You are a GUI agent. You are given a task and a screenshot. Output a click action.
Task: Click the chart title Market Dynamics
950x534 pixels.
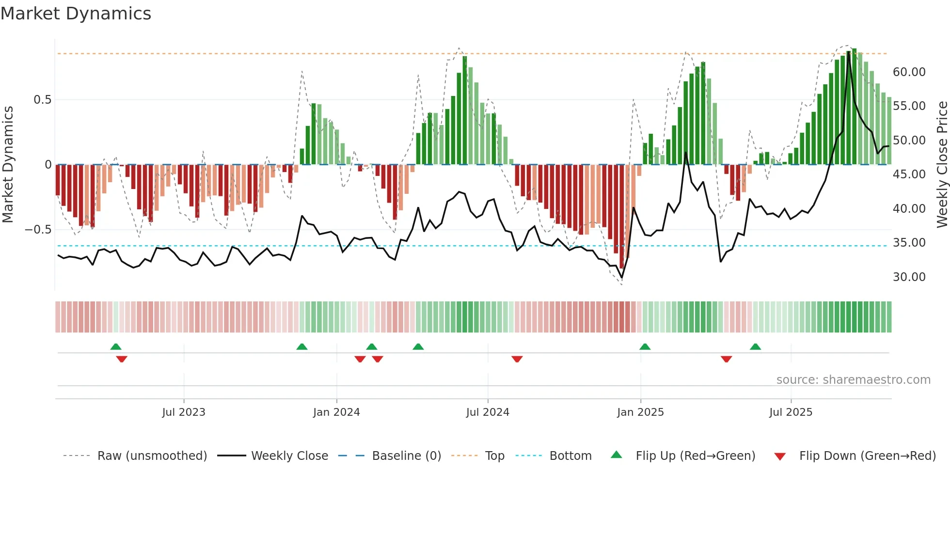(x=76, y=14)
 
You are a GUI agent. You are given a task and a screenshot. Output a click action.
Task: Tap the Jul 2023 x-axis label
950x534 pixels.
(x=184, y=412)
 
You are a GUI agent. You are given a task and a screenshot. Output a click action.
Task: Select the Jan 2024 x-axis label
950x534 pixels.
(x=336, y=412)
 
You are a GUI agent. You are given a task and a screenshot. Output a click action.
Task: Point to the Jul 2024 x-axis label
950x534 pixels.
(x=488, y=412)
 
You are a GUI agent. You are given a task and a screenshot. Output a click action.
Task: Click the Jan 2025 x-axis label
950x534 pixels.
(x=640, y=412)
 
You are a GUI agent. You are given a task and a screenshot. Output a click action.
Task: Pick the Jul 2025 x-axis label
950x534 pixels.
(x=791, y=412)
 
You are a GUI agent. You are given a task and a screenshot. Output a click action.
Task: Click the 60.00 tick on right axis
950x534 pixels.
(x=909, y=72)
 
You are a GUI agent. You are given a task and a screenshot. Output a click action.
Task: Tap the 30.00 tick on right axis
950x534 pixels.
(x=909, y=277)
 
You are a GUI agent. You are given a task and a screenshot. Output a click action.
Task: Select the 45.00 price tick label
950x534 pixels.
(x=909, y=174)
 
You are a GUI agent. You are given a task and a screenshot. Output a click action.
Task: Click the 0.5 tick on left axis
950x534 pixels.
(x=42, y=100)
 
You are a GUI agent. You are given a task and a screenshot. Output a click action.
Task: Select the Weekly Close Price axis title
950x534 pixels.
(x=942, y=164)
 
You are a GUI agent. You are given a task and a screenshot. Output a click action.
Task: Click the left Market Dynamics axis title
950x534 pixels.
(x=8, y=164)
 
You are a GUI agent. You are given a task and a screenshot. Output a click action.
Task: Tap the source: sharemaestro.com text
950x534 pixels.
(x=853, y=380)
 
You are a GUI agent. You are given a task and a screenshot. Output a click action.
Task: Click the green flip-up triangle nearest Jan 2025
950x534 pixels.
(x=645, y=347)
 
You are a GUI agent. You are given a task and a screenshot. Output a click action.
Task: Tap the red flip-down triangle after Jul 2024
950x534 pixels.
(x=517, y=359)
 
